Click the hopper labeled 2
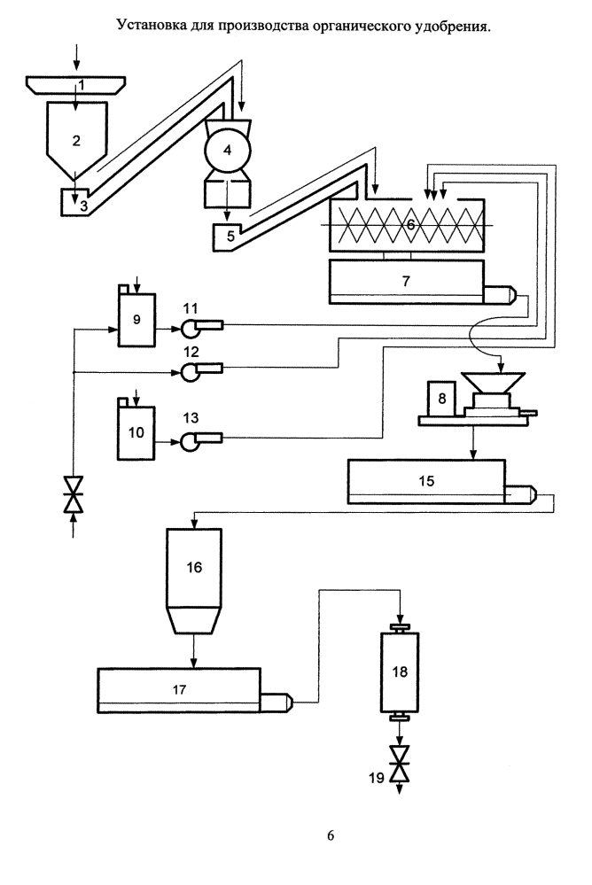point(76,141)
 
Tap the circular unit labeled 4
point(228,151)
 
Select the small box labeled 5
point(227,237)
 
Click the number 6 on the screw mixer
point(410,225)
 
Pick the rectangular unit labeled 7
point(406,282)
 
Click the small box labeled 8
point(441,399)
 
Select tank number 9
point(136,320)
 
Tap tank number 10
point(136,432)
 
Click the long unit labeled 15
point(426,481)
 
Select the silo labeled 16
point(194,567)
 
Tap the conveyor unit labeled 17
point(179,690)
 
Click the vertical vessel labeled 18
point(400,672)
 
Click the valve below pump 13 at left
point(74,493)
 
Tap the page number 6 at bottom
point(331,835)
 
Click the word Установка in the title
point(149,25)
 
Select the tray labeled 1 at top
point(76,85)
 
